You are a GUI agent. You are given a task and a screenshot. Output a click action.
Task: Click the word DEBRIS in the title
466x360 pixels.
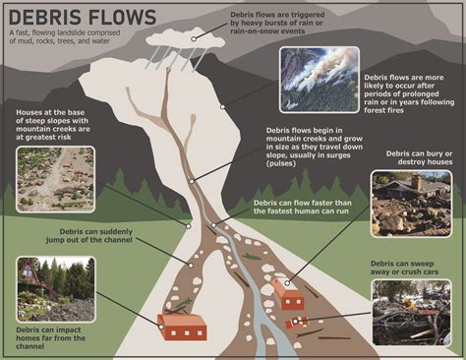click(44, 17)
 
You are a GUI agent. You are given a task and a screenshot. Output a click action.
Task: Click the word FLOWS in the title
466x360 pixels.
click(118, 17)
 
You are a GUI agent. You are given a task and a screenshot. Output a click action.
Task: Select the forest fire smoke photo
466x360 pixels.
click(319, 79)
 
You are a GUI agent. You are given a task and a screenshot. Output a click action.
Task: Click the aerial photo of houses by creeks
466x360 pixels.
click(56, 180)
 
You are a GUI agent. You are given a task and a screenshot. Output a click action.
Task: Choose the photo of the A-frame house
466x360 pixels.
click(55, 288)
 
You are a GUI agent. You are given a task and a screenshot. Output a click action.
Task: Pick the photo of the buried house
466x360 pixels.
click(411, 204)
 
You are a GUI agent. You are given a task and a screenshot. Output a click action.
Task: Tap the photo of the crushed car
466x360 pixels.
click(411, 312)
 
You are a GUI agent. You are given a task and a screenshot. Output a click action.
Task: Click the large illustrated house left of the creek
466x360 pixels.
click(181, 326)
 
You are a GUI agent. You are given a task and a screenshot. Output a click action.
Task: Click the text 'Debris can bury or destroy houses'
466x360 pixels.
click(411, 159)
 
